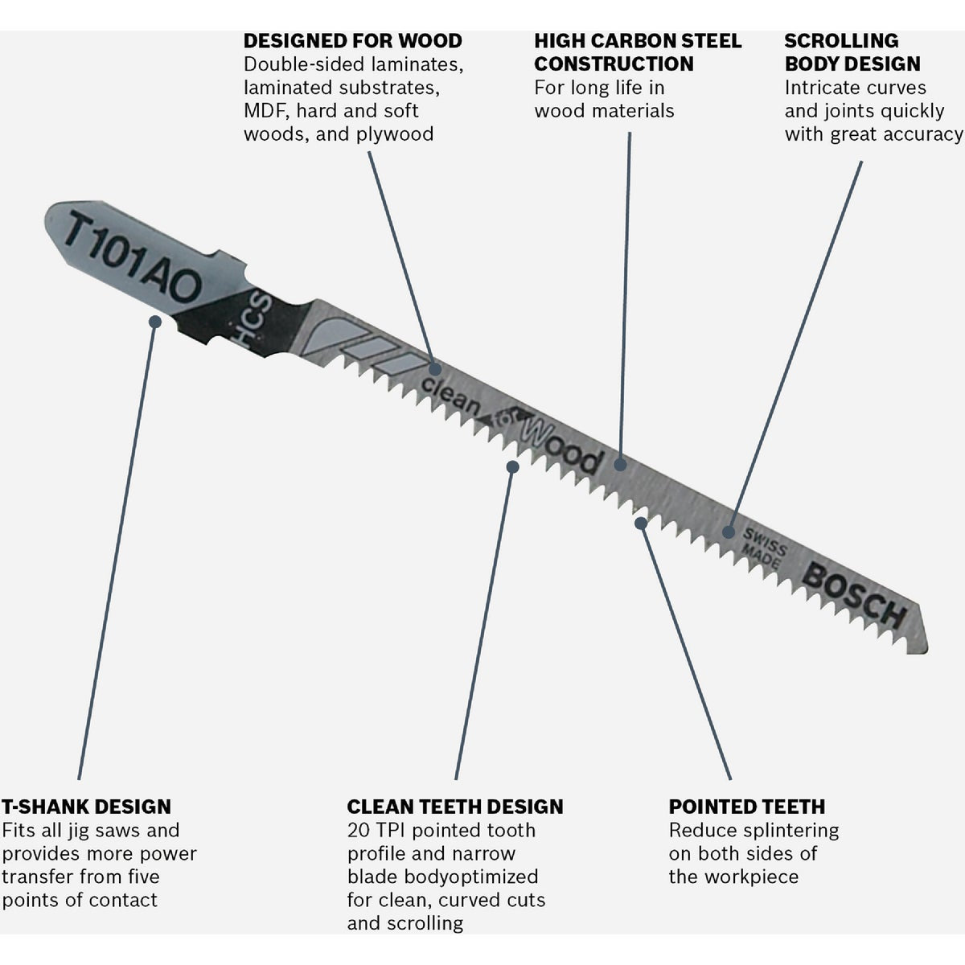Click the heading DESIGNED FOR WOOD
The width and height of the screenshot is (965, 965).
click(352, 41)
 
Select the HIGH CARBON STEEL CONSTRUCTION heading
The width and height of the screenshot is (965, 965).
click(638, 52)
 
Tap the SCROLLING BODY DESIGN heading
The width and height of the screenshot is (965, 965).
click(852, 52)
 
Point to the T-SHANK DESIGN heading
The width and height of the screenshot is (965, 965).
click(86, 807)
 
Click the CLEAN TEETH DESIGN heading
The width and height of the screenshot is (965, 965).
click(455, 807)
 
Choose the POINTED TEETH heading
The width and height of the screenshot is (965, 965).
click(746, 807)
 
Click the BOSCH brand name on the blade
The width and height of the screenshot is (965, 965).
click(855, 595)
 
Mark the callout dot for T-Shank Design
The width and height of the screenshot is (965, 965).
click(155, 322)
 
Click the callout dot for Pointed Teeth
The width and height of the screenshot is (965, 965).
click(640, 524)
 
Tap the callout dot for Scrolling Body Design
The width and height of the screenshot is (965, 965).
click(729, 532)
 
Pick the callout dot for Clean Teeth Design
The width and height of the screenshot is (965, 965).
click(512, 466)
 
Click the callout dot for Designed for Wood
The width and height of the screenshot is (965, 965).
click(435, 369)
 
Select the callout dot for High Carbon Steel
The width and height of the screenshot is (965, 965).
click(620, 464)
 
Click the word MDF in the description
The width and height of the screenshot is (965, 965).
click(264, 111)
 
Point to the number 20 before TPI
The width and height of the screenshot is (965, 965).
click(358, 830)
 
